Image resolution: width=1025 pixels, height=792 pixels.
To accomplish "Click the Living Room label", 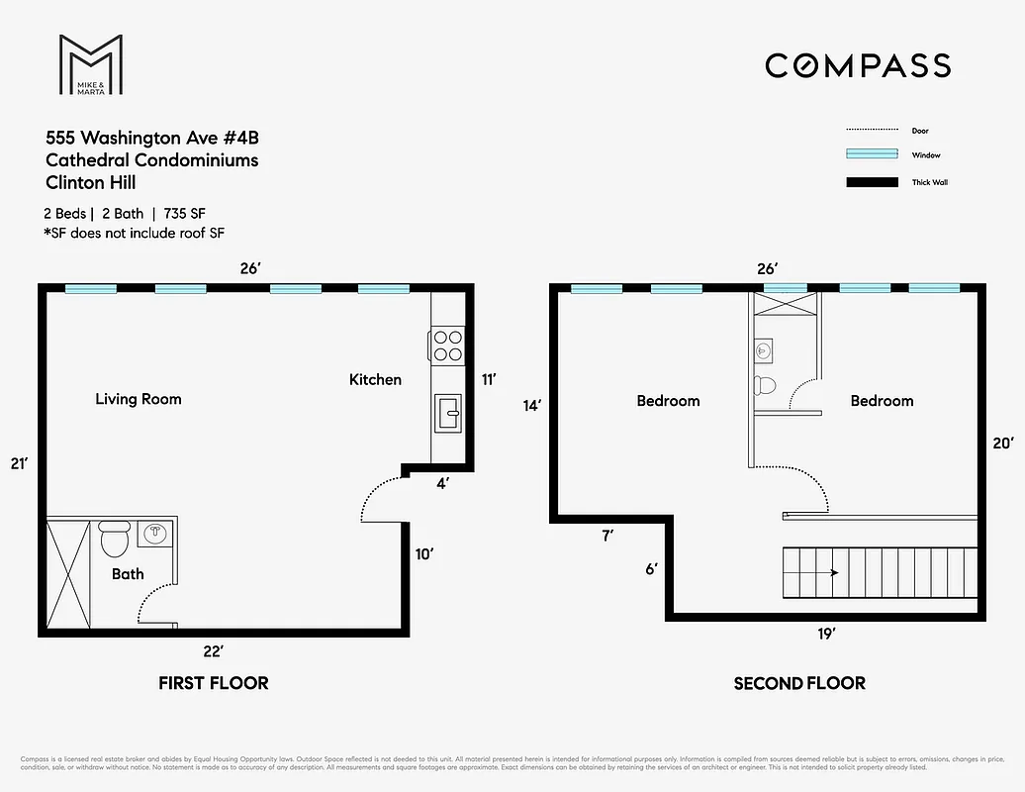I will click(139, 399).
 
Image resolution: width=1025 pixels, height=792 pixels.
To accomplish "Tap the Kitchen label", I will click(375, 379).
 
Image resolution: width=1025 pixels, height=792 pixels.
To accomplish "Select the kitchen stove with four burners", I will click(447, 345).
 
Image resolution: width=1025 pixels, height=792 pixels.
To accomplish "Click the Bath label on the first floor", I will click(127, 574).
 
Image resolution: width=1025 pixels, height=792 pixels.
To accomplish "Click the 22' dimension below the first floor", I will click(214, 650).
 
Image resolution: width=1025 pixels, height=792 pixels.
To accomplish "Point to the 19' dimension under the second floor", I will click(827, 634).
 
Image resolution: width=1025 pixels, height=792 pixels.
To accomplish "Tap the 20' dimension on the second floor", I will click(1002, 444).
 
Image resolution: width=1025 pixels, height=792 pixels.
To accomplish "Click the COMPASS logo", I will click(858, 65).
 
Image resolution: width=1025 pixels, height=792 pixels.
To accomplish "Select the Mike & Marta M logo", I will click(90, 64).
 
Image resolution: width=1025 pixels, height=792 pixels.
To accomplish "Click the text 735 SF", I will click(185, 214).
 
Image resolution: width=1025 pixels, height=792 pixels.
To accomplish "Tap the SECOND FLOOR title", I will click(799, 683).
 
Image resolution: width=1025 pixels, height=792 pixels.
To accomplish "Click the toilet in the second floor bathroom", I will click(765, 385).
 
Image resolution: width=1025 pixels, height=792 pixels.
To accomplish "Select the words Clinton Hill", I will click(91, 182).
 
